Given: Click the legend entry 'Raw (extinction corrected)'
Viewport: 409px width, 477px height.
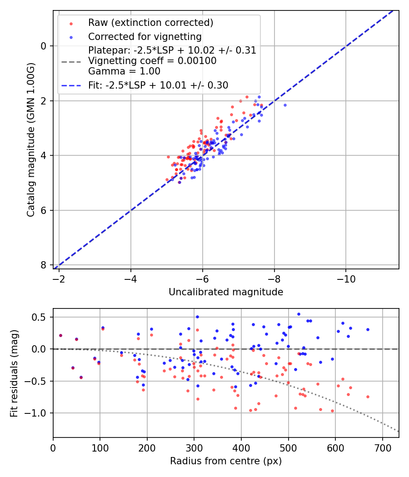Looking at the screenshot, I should click(150, 23).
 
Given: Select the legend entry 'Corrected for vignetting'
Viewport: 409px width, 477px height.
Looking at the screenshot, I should click(145, 36).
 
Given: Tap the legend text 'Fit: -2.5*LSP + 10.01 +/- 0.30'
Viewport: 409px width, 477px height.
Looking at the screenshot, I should click(158, 85).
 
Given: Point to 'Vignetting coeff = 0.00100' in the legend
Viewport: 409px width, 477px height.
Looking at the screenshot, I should click(152, 60).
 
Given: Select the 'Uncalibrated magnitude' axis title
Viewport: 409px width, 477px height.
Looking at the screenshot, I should click(226, 292).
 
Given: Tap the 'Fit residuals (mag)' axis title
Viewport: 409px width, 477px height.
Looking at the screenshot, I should click(14, 373).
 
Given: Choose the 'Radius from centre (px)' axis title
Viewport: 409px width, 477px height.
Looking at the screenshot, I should click(226, 461).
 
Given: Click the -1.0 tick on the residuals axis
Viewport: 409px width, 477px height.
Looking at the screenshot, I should click(37, 413).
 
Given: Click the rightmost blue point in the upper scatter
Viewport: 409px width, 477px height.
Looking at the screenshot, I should click(285, 105).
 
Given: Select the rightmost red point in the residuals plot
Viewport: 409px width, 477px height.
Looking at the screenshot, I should click(368, 397).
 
